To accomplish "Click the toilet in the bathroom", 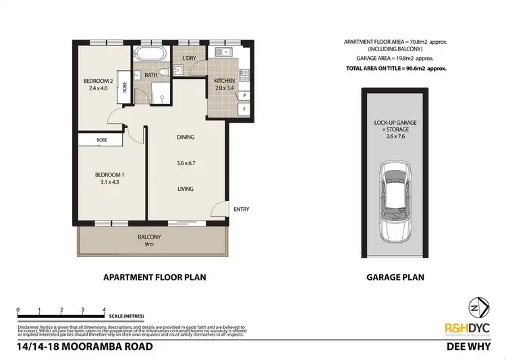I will [164, 74].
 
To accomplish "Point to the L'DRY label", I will [190, 58].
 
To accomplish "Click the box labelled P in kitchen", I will [243, 96].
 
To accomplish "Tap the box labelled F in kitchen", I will [243, 108].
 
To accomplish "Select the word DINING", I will [185, 138].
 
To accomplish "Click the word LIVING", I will [185, 189].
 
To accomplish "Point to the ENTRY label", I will [241, 210].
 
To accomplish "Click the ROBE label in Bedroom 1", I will [101, 140].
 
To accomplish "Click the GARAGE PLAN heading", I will [395, 277].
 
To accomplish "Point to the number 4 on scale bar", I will [104, 310].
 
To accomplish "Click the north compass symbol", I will [480, 307].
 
